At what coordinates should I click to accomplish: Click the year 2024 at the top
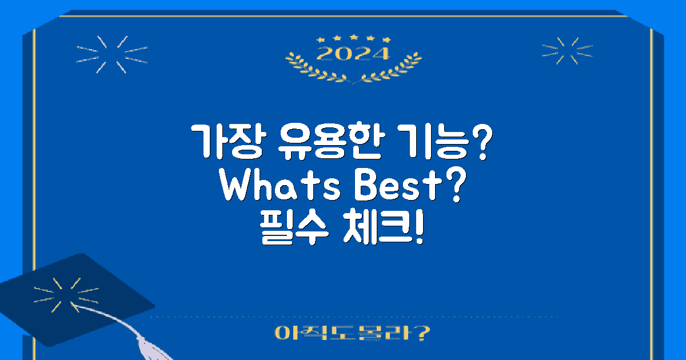[353, 54]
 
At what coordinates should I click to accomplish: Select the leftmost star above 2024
[320, 39]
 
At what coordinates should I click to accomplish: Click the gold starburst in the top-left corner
[111, 54]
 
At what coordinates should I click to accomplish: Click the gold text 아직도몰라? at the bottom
[352, 333]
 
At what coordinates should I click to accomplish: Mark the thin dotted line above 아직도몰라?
[354, 316]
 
